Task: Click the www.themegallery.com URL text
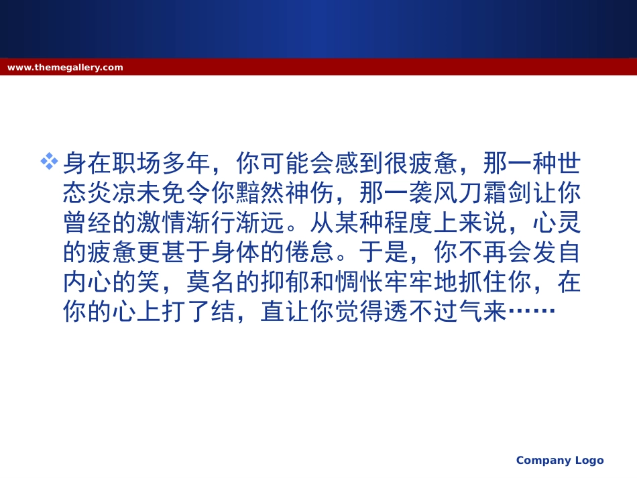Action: tap(65, 67)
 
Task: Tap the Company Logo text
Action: tap(559, 460)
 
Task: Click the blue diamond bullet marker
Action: tap(50, 161)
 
